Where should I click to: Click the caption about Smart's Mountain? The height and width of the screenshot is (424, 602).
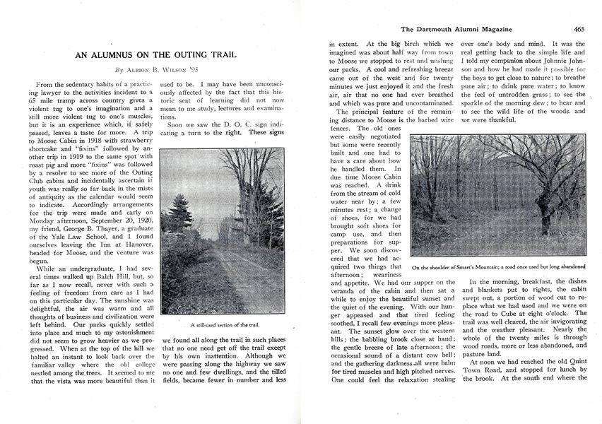coord(499,267)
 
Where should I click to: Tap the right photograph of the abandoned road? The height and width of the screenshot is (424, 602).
coord(499,196)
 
